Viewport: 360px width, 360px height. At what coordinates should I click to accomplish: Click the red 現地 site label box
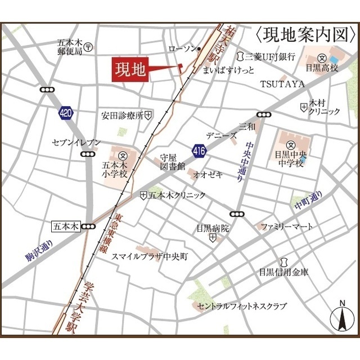130,70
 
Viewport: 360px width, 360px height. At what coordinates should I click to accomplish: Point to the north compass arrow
341,318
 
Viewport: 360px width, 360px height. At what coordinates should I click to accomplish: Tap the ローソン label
181,49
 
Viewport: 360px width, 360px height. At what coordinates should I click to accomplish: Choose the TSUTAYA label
282,84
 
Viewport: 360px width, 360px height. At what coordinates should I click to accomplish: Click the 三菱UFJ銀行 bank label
270,56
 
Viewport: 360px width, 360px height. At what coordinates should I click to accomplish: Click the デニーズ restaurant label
220,136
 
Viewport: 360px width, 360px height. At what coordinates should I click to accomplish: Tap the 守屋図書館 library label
172,162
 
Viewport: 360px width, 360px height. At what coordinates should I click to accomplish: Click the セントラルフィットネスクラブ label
242,307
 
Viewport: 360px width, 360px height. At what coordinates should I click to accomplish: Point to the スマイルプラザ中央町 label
150,256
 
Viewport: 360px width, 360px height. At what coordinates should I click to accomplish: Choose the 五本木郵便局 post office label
70,47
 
